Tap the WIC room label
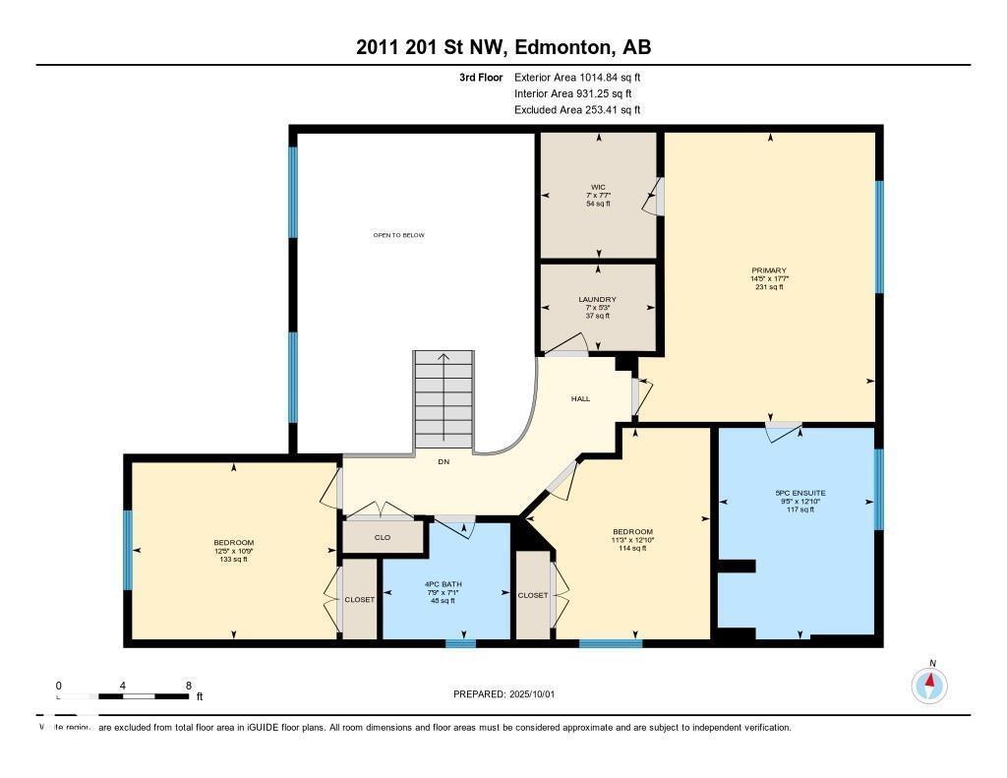pyautogui.click(x=598, y=187)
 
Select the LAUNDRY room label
pyautogui.click(x=598, y=299)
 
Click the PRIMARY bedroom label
pyautogui.click(x=769, y=270)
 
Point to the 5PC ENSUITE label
pyautogui.click(x=799, y=493)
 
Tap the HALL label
pyautogui.click(x=580, y=398)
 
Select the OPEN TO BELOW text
pyautogui.click(x=398, y=235)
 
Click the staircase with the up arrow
pyautogui.click(x=443, y=401)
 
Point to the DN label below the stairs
pyautogui.click(x=443, y=461)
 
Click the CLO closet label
pyautogui.click(x=383, y=538)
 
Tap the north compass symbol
pyautogui.click(x=929, y=683)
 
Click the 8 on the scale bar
pyautogui.click(x=188, y=686)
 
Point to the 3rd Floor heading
pyautogui.click(x=481, y=77)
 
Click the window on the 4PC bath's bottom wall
pyautogui.click(x=460, y=643)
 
